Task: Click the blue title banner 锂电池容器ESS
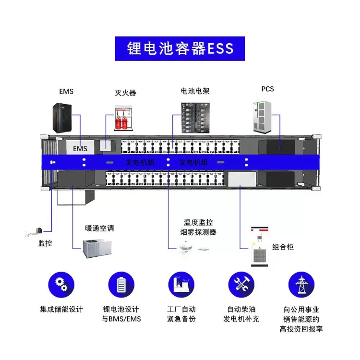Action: click(x=180, y=48)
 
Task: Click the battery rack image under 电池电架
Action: click(x=195, y=118)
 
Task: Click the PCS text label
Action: click(x=267, y=89)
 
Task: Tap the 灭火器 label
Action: click(x=125, y=93)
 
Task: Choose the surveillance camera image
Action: click(x=35, y=233)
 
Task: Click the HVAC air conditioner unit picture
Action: click(x=97, y=247)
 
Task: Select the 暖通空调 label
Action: click(x=99, y=228)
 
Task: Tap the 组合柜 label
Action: click(x=283, y=247)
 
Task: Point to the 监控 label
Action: click(x=45, y=243)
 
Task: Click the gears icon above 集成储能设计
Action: click(x=61, y=285)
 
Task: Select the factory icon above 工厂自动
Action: click(x=181, y=285)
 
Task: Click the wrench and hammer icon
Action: click(x=241, y=285)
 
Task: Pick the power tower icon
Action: click(x=301, y=285)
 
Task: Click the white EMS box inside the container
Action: click(x=80, y=149)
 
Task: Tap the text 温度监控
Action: click(x=198, y=223)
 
